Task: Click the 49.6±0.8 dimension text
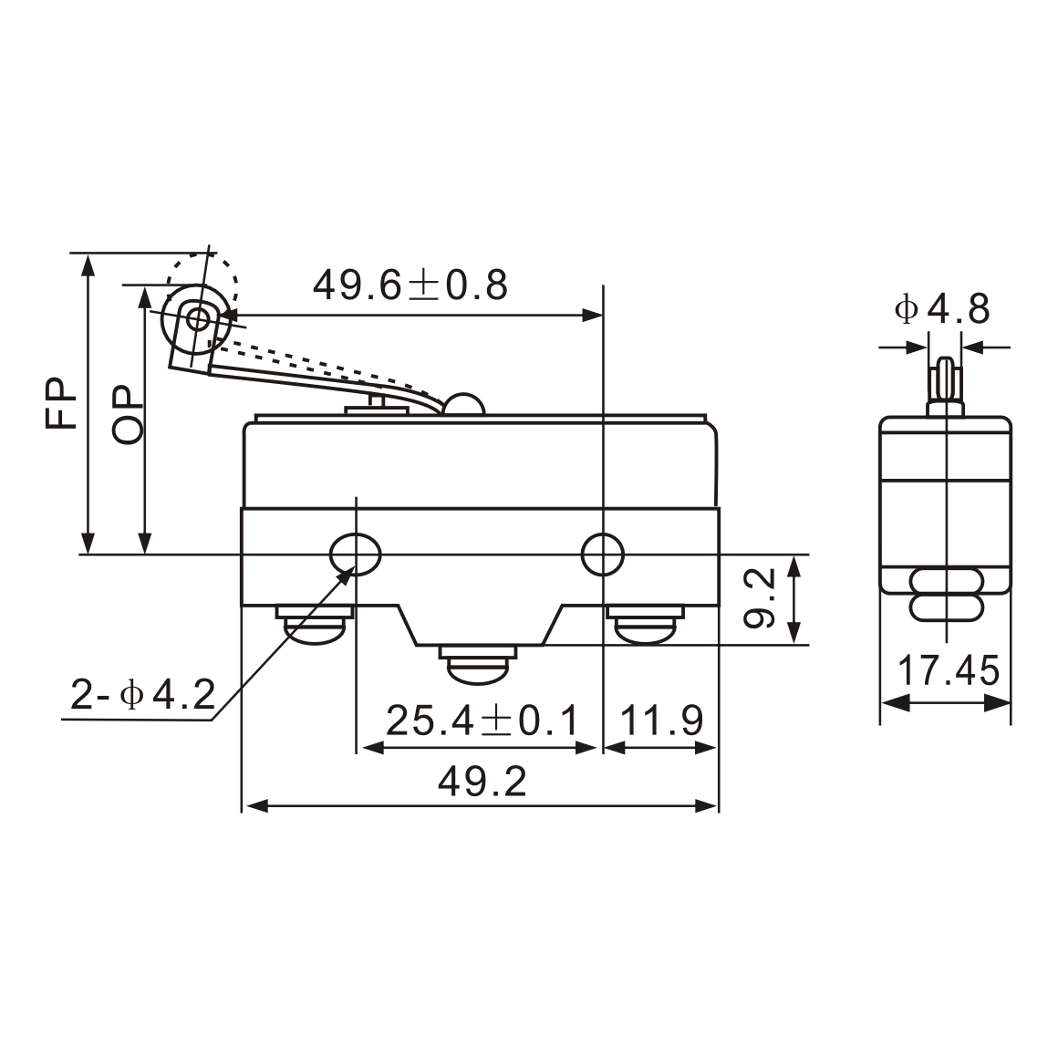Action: [x=410, y=285]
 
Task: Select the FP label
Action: [x=63, y=403]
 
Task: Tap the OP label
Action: [x=128, y=415]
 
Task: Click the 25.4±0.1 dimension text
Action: [x=482, y=721]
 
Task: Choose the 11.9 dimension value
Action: [x=662, y=721]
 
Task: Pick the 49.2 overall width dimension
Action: [x=482, y=782]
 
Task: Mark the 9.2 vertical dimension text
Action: [x=759, y=598]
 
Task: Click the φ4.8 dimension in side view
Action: [x=942, y=310]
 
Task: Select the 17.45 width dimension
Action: [x=949, y=672]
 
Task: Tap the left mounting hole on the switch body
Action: [x=356, y=554]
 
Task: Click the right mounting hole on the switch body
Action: [x=603, y=554]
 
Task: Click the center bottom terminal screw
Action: [x=478, y=663]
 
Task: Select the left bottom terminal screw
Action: [x=315, y=625]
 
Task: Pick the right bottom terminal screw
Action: [x=644, y=625]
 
